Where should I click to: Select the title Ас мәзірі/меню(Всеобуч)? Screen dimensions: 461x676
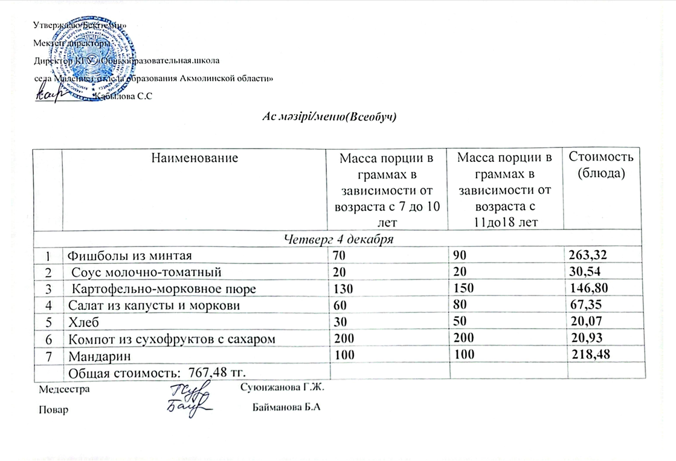(329, 115)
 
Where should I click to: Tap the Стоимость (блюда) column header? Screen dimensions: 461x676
(598, 165)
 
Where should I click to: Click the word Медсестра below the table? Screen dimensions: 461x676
(64, 389)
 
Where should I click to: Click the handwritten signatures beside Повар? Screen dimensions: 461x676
(188, 399)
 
